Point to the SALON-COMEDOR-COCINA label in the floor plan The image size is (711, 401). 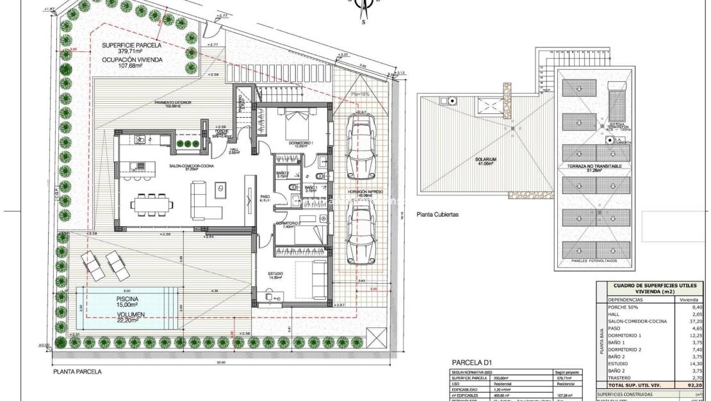coord(192,165)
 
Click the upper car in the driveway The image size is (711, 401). coord(357,147)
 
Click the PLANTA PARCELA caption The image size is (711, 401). coord(78,371)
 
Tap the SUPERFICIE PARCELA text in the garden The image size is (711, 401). coord(132,46)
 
